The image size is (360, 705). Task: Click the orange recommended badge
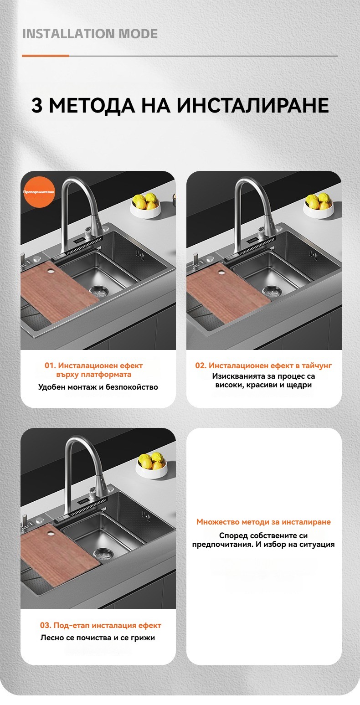click(39, 192)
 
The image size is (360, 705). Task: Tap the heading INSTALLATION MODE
click(90, 34)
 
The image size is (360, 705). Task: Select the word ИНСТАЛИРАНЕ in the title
click(253, 105)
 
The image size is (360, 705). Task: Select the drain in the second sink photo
click(272, 291)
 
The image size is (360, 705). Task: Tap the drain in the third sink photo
click(104, 553)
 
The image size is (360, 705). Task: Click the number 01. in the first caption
click(50, 365)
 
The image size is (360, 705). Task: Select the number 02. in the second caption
click(201, 365)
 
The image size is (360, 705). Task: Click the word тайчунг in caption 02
click(317, 366)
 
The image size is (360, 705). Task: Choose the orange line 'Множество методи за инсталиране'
click(264, 522)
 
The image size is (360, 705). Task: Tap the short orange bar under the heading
click(45, 56)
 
